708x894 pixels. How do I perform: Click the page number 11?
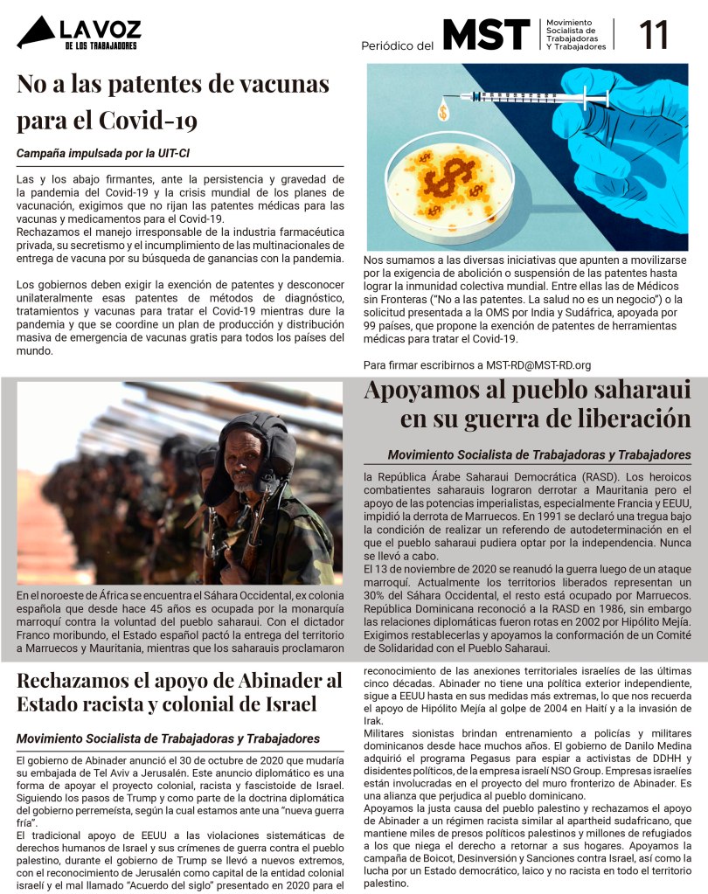[x=655, y=36]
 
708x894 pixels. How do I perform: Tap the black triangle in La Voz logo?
[x=35, y=34]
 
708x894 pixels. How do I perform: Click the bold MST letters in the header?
[x=486, y=35]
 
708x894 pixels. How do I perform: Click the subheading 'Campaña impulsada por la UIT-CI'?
[x=103, y=154]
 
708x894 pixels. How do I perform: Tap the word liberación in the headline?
[x=621, y=419]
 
